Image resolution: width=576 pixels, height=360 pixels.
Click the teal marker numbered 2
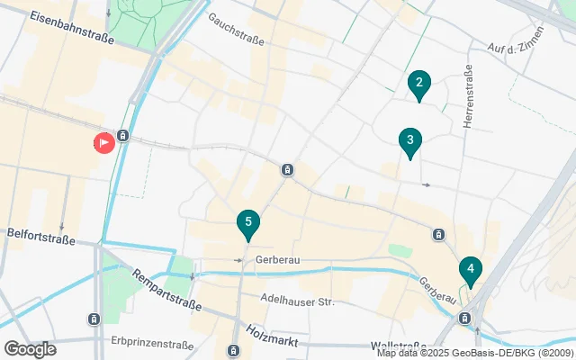tap(418, 85)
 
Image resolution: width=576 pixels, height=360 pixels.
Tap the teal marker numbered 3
tap(409, 141)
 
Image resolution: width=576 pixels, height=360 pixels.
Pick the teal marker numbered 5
tap(247, 223)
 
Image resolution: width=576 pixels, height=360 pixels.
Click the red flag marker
tap(104, 141)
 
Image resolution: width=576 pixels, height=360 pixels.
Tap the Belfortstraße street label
tap(38, 232)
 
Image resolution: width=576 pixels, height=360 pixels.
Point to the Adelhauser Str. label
tap(296, 301)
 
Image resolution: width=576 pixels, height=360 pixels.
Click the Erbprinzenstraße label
tap(153, 345)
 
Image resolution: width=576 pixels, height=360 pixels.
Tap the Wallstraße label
tap(398, 346)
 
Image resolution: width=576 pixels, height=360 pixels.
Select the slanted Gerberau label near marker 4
tap(436, 289)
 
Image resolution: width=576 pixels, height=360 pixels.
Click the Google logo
tap(30, 348)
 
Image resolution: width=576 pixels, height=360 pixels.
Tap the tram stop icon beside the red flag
tap(123, 137)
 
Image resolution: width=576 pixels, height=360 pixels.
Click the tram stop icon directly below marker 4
tap(465, 318)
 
